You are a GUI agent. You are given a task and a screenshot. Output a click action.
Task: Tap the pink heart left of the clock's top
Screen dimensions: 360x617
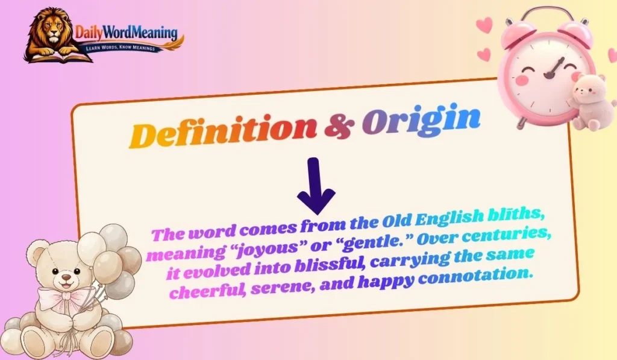point(483,25)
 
